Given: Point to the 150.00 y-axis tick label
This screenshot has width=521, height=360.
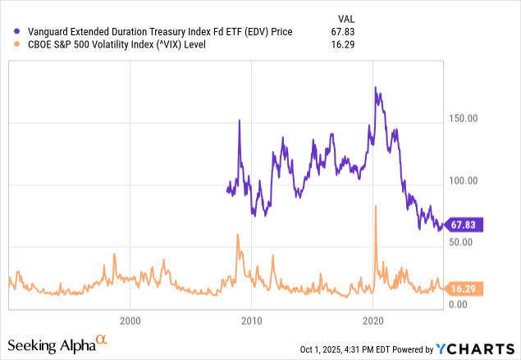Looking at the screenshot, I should coord(464,118).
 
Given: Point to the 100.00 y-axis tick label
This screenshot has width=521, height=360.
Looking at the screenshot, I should coord(464,180).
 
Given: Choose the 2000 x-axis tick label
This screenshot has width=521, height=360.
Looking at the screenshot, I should coord(130,319).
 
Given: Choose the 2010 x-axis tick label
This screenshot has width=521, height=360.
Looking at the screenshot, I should coord(251,319).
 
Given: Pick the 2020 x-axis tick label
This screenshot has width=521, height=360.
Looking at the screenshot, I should coord(373,319).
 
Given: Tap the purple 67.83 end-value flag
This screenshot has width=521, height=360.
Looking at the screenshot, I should coord(464,224).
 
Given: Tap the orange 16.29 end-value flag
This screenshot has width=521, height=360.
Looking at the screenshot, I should coord(464,288).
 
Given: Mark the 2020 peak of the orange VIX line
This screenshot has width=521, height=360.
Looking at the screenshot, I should coord(376,207).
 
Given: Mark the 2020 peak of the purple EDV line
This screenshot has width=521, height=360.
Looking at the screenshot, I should coord(375,88).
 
